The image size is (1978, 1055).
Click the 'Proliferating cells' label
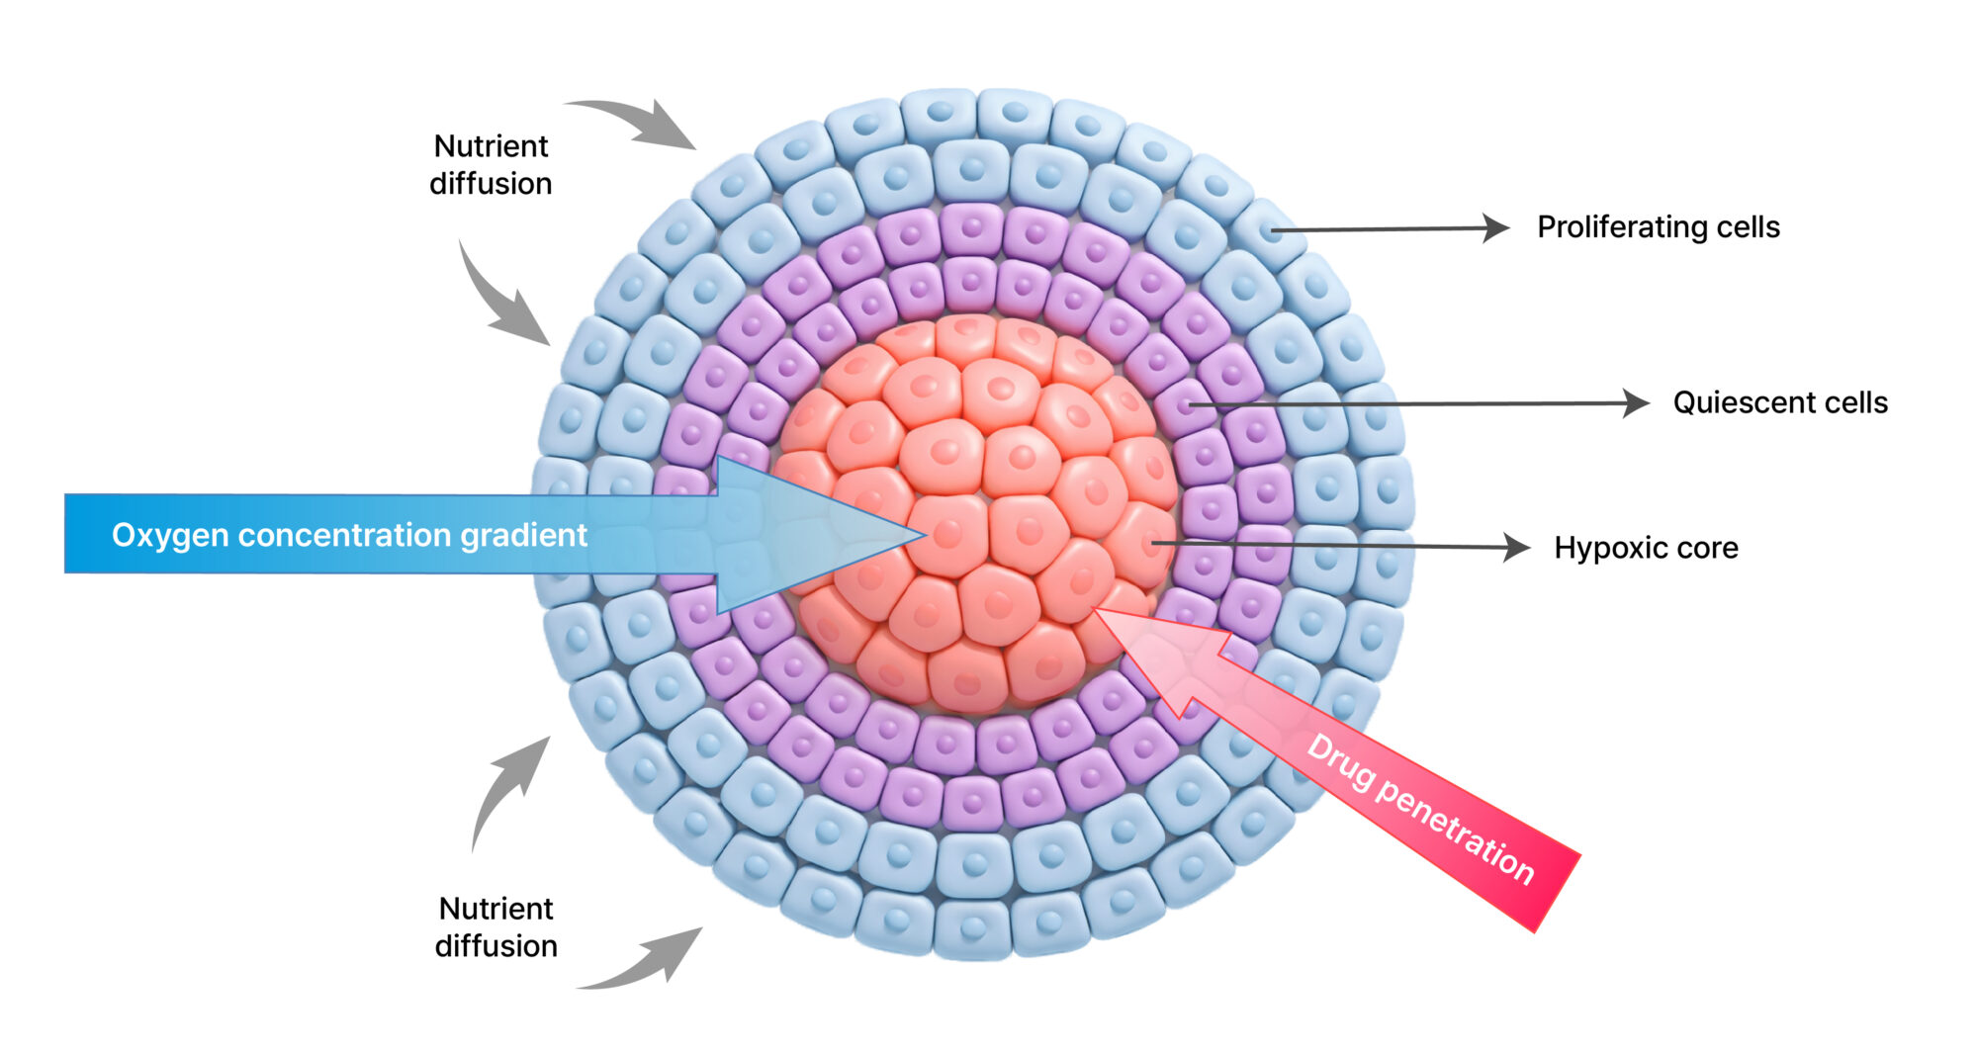coord(1658,227)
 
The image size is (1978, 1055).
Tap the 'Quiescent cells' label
coord(1779,402)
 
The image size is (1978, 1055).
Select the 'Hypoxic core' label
coord(1646,548)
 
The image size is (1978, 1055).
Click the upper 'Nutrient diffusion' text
coord(491,164)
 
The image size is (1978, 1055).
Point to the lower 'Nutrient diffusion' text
coord(496,926)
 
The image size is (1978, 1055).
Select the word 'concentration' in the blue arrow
coord(346,535)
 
